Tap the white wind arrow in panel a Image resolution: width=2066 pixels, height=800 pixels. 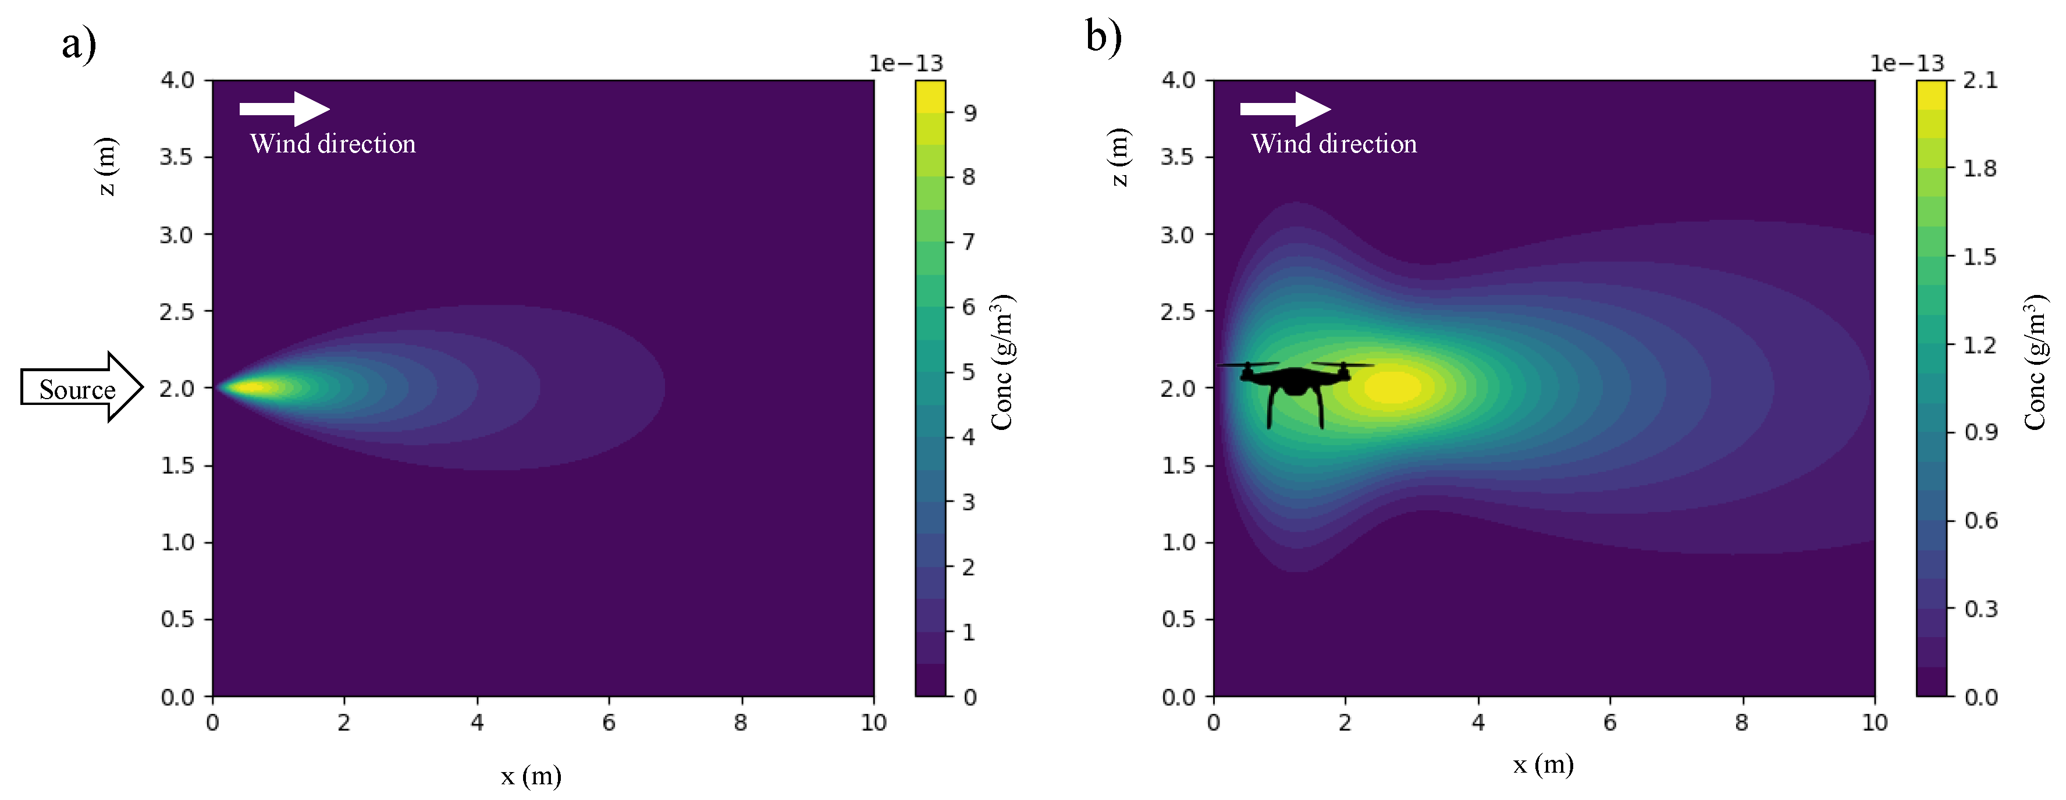pos(284,108)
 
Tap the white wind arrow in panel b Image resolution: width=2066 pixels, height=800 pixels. pos(1285,108)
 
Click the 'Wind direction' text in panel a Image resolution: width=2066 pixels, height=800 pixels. pos(333,144)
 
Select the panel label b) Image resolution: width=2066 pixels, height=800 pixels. pos(1104,36)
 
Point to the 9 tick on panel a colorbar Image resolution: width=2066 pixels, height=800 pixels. pos(970,113)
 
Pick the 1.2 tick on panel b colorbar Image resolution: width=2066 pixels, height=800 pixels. pos(1979,345)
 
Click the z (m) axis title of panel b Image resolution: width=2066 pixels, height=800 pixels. pos(1119,157)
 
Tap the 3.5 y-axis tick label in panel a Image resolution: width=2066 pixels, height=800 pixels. pos(176,157)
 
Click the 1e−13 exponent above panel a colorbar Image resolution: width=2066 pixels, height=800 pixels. pos(906,63)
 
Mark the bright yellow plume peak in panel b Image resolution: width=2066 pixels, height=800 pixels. pos(1394,387)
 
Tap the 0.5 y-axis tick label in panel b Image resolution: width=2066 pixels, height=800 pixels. pos(1178,618)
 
